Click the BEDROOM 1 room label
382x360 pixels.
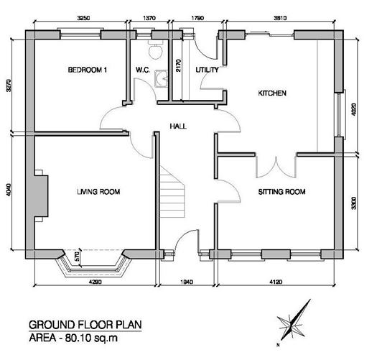88,70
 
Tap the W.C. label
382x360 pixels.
143,70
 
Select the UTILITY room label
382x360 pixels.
207,70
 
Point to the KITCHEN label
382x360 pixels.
272,93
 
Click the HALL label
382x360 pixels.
178,126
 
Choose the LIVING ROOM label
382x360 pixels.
98,192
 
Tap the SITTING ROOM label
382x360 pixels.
282,192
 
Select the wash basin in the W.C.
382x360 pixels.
162,78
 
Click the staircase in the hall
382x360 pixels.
172,193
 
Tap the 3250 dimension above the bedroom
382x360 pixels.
83,18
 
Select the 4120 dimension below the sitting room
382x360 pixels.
276,282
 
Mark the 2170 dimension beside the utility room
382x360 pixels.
178,65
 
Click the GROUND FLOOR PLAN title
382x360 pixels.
85,325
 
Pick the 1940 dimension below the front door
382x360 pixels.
187,282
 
